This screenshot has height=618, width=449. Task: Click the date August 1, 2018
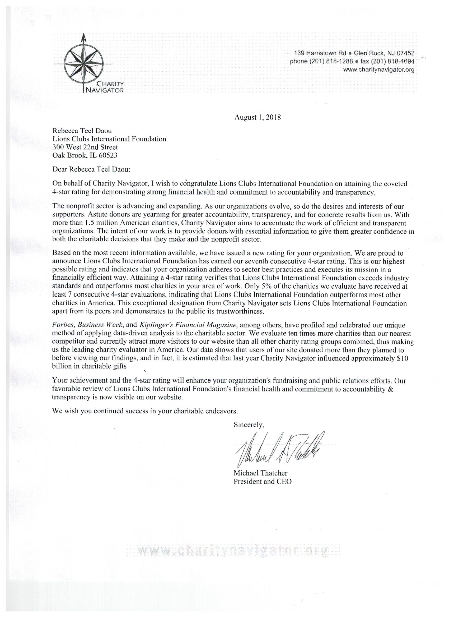click(258, 118)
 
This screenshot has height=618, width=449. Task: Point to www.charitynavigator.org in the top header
click(379, 70)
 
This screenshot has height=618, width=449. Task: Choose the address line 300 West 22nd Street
click(85, 147)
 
